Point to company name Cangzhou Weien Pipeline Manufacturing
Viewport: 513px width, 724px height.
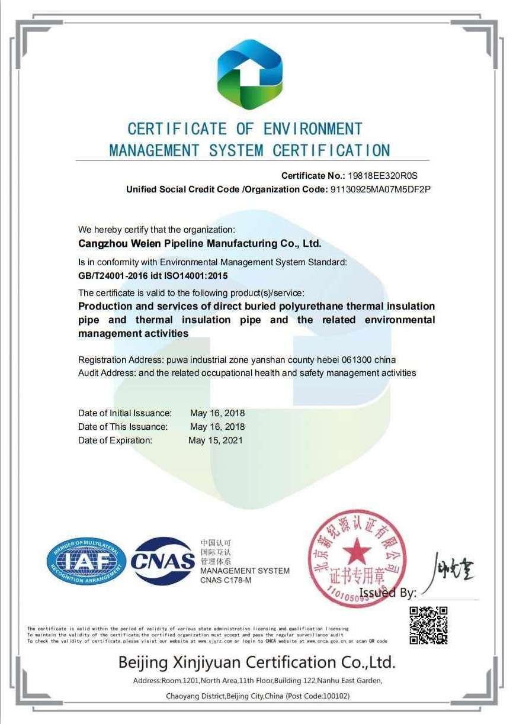(x=200, y=243)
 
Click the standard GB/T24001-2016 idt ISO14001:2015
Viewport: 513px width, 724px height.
(x=153, y=276)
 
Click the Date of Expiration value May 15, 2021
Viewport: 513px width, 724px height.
(x=216, y=440)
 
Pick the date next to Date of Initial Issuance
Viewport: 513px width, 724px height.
(x=217, y=413)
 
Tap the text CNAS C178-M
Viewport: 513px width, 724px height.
(x=226, y=580)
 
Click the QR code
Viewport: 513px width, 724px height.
(x=428, y=625)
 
